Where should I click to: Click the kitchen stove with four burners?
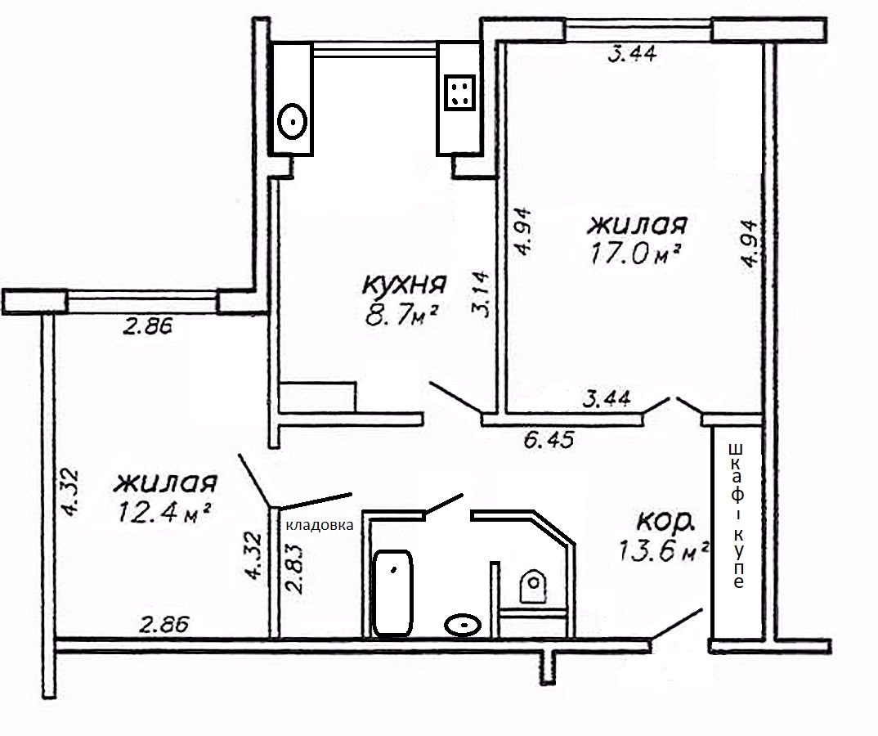click(459, 92)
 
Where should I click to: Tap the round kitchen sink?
click(293, 121)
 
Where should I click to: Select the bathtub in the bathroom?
click(393, 593)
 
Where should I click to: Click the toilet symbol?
click(533, 586)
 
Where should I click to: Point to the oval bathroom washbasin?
click(463, 625)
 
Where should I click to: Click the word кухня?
click(405, 285)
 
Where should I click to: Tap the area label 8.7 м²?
click(401, 316)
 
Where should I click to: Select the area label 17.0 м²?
click(635, 254)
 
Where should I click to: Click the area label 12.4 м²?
click(164, 511)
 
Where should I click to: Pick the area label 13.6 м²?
click(664, 550)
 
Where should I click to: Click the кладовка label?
click(320, 525)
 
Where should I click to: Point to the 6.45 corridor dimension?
click(549, 440)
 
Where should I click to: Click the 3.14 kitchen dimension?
click(480, 294)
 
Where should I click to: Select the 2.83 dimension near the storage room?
click(294, 569)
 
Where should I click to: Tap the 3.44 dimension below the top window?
click(632, 54)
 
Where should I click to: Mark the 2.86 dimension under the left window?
click(148, 326)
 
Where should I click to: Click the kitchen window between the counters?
click(374, 52)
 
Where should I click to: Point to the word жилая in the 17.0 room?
click(637, 225)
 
